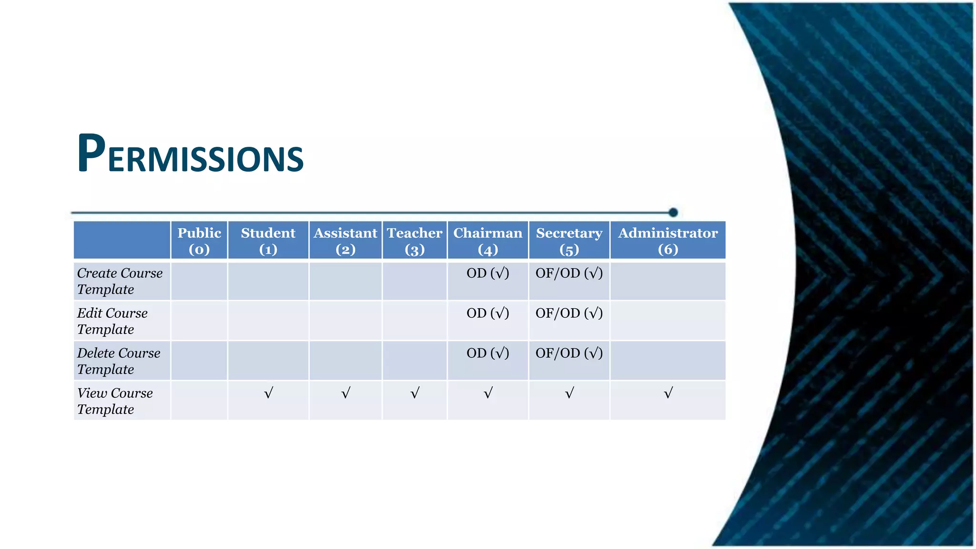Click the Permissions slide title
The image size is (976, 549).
pos(190,153)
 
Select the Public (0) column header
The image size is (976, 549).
pos(199,241)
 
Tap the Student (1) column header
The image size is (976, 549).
pos(268,241)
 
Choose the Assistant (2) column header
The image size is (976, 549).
pos(346,241)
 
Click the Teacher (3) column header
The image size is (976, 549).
pos(415,241)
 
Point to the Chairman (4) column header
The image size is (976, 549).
pos(488,241)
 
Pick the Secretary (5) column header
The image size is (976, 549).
pos(569,241)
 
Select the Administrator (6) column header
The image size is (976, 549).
pos(668,241)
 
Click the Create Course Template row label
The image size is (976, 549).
pos(120,281)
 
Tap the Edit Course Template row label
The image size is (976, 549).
pos(112,321)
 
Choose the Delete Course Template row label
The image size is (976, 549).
pos(119,361)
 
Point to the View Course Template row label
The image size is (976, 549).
pos(115,401)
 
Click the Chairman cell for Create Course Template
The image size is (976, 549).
pos(488,274)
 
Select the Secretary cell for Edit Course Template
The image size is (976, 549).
pos(569,314)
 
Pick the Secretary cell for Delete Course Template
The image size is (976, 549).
pos(569,354)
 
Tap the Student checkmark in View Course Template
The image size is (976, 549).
pos(269,393)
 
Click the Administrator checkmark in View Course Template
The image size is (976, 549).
pos(668,393)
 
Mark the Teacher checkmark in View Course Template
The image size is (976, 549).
pos(415,393)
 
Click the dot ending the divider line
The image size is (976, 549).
pos(673,213)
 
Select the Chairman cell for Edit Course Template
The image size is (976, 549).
pos(488,314)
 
